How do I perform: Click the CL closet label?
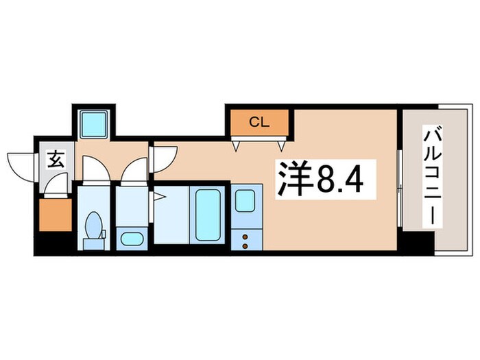pos(259,123)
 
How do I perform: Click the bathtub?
pos(207,213)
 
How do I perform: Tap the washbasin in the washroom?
pos(130,239)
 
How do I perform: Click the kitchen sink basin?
pos(245,200)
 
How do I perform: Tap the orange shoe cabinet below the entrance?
pos(55,215)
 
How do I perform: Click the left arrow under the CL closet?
pos(237,145)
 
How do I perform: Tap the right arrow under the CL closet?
pos(281,145)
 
